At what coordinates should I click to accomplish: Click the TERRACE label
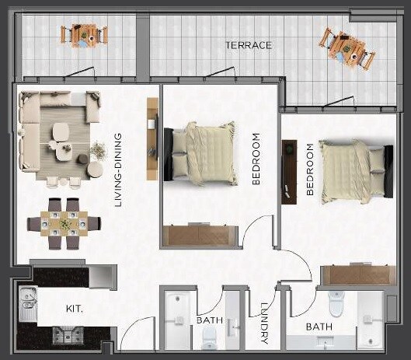point(249,45)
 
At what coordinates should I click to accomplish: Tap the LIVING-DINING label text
point(119,170)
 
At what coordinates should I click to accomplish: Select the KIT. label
point(74,309)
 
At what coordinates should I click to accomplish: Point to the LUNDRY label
point(264,323)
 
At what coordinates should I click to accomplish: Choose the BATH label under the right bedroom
point(319,327)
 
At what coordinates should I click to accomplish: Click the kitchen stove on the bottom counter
point(64,335)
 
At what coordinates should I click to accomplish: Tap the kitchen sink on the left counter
point(27,304)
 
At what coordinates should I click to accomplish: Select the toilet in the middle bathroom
point(209,337)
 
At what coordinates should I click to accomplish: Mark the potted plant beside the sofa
point(99,149)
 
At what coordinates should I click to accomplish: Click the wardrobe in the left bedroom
point(200,236)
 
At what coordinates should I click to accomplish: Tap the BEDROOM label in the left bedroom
point(257,159)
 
